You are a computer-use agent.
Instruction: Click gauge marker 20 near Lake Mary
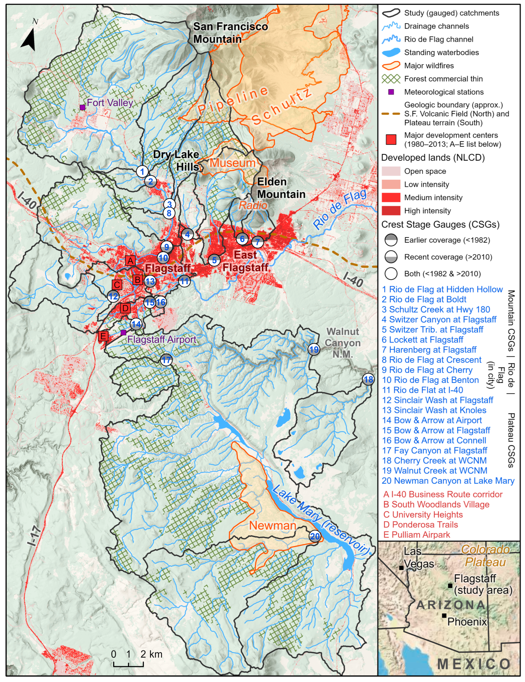pos(315,536)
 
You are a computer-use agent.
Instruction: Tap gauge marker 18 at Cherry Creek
pos(368,380)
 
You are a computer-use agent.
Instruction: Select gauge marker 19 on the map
pos(314,349)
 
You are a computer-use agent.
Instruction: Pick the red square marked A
pos(130,260)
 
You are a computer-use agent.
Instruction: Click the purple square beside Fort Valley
pos(82,107)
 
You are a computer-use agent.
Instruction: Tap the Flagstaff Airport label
pos(162,340)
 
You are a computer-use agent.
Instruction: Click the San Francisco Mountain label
pos(230,33)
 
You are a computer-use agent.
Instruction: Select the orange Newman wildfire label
pos(273,526)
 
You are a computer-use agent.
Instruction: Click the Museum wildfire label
pos(233,163)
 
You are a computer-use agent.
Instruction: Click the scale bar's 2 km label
pos(151,654)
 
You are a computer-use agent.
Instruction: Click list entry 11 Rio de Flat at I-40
pos(422,390)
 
